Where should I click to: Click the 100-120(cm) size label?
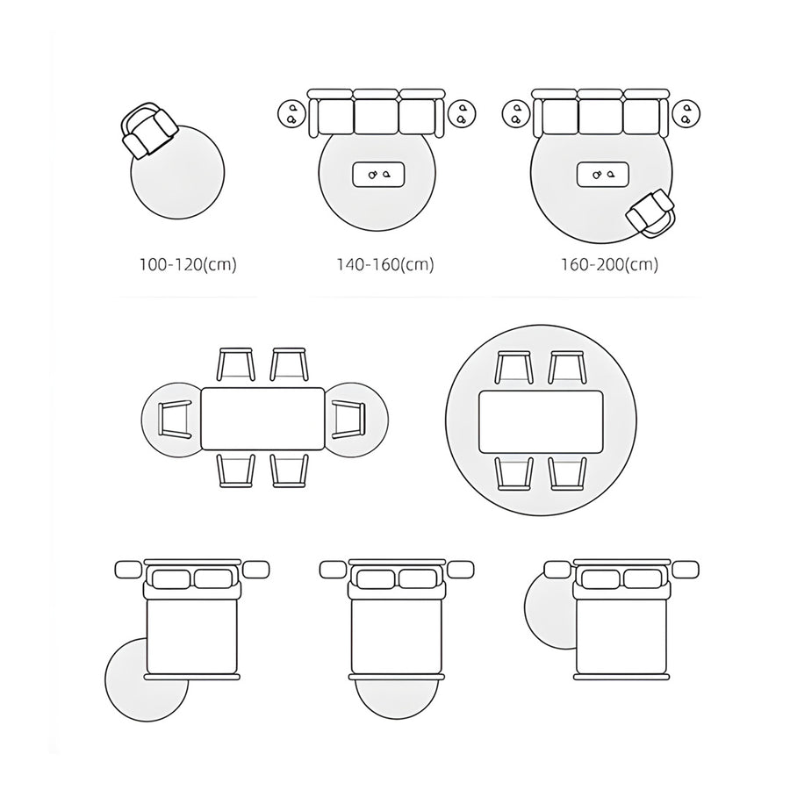coord(188,264)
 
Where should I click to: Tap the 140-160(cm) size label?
coord(385,264)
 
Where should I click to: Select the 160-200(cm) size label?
coord(610,264)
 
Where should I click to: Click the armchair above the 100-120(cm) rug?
coord(149,130)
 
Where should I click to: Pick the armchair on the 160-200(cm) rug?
coord(651,212)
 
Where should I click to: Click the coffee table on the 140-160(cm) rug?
coord(378,175)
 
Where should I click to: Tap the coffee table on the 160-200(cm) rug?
coord(602,175)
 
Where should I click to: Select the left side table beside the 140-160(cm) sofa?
coord(291,114)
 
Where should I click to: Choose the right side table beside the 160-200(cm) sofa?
coord(686,114)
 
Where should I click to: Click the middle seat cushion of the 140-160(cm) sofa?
coord(377,117)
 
